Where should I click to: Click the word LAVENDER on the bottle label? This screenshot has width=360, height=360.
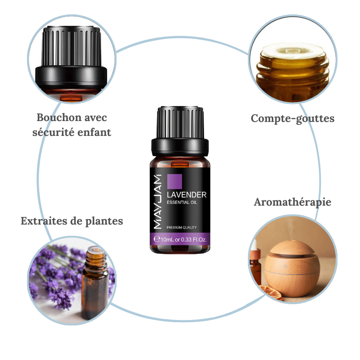186,195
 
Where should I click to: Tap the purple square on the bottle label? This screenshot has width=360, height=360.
175,181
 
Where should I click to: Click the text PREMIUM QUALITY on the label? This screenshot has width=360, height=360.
181,227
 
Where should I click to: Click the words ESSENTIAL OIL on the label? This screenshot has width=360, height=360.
182,203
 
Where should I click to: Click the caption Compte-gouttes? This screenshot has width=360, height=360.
292,118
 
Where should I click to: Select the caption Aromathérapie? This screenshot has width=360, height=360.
292,202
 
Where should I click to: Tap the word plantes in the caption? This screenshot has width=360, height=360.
104,221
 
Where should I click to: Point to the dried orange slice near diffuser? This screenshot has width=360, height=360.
271,295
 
